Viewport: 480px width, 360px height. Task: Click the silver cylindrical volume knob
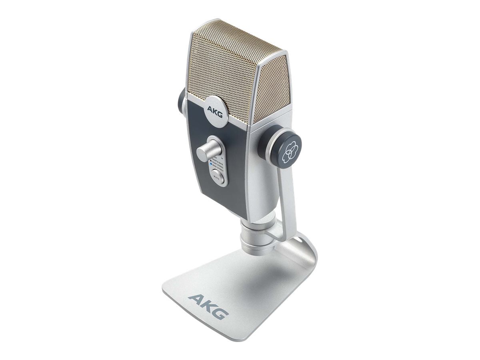[206, 150]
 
